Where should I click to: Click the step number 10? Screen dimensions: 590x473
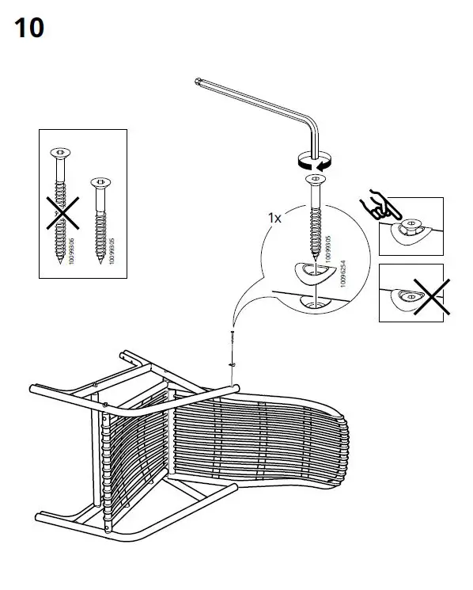28,29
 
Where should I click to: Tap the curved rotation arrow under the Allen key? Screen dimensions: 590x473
313,162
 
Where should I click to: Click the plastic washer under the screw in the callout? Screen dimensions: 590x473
312,272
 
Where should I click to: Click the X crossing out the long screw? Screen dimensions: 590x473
60,212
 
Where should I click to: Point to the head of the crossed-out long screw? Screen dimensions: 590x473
60,152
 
